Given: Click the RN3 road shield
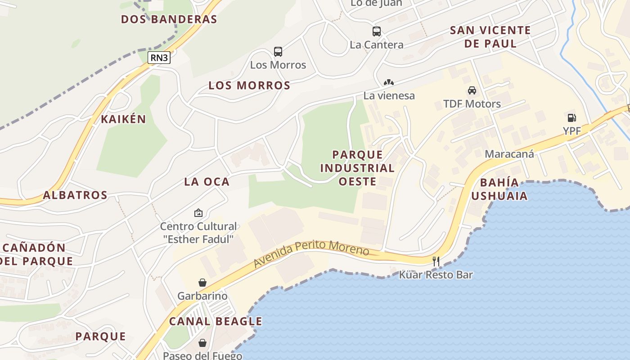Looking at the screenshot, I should [x=159, y=58].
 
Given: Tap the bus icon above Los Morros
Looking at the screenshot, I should [x=278, y=52].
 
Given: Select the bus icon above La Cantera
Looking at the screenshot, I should [x=377, y=31].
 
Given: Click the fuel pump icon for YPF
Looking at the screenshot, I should [x=571, y=118].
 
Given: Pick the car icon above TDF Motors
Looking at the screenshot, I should [x=472, y=90].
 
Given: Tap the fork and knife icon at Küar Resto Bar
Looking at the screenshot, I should [x=436, y=261].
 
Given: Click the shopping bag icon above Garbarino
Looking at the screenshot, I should [x=202, y=283].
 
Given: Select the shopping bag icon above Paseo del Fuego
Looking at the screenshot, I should [x=202, y=343].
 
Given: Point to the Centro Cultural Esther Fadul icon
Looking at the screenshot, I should [x=198, y=213].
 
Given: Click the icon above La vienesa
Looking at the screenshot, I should [x=389, y=83].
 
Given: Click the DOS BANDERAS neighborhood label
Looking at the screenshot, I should [x=169, y=19].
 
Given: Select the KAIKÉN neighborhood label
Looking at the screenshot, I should [x=123, y=119].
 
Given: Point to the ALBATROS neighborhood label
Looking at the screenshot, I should [x=75, y=195].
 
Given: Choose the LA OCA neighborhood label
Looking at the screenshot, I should [x=207, y=182].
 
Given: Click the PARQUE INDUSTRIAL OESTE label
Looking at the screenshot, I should [x=357, y=168].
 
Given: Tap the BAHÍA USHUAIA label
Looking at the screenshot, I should [x=499, y=189].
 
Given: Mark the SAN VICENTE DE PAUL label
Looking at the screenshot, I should [x=490, y=37].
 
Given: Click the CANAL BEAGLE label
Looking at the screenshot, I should [x=216, y=321].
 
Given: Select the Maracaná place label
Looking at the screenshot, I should [x=509, y=154].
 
